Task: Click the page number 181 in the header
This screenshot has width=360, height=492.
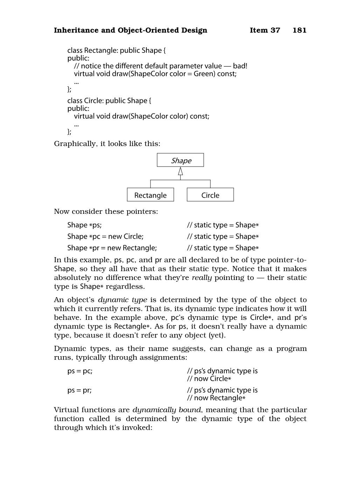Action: [x=299, y=30]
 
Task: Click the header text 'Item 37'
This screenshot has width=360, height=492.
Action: [x=265, y=30]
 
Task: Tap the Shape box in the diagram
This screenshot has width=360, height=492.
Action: [x=180, y=160]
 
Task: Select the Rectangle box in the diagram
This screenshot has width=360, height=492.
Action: [x=150, y=195]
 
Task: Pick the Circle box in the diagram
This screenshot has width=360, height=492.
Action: [x=210, y=195]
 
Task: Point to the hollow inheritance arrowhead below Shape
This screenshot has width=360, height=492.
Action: [x=180, y=171]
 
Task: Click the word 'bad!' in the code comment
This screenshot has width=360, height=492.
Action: [x=240, y=66]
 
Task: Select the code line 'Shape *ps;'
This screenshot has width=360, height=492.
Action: [x=84, y=225]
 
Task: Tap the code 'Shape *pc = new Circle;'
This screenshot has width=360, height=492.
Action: [x=105, y=237]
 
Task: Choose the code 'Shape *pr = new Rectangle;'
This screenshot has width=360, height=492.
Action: [x=112, y=248]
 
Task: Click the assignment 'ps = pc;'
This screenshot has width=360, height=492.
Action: [x=80, y=371]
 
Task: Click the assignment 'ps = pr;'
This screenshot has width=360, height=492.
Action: [x=79, y=390]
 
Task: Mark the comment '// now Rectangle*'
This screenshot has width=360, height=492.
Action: [x=216, y=398]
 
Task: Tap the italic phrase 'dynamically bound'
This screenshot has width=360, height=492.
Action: [x=167, y=410]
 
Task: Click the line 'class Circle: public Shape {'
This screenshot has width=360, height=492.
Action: [x=109, y=101]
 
